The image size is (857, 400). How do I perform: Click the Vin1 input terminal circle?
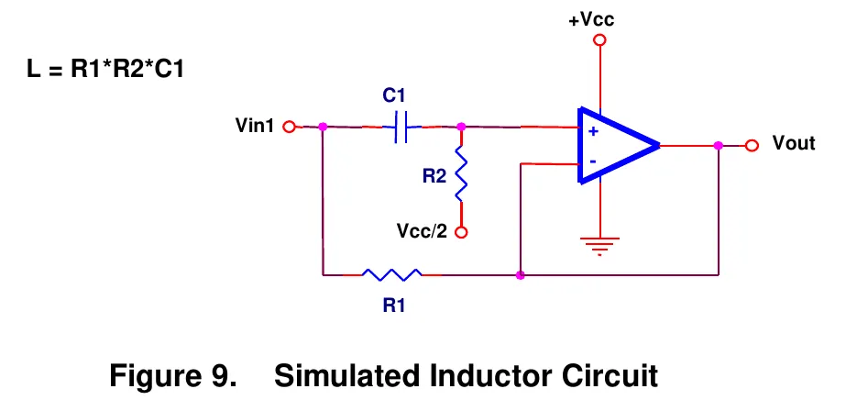pyautogui.click(x=289, y=127)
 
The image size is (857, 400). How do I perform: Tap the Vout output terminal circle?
pyautogui.click(x=753, y=146)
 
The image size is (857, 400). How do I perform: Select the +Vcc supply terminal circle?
pyautogui.click(x=600, y=40)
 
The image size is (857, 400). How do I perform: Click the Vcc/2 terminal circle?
pyautogui.click(x=461, y=232)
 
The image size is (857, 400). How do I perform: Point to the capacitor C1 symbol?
pyautogui.click(x=401, y=127)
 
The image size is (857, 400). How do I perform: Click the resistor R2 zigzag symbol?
pyautogui.click(x=461, y=173)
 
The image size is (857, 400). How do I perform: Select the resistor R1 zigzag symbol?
pyautogui.click(x=392, y=274)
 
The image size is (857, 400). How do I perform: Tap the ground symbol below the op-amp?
pyautogui.click(x=600, y=246)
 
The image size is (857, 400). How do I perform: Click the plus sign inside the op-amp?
pyautogui.click(x=594, y=132)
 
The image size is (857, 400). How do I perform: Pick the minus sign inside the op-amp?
pyautogui.click(x=593, y=161)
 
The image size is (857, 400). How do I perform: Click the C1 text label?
pyautogui.click(x=393, y=95)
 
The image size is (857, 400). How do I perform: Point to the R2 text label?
pyautogui.click(x=434, y=176)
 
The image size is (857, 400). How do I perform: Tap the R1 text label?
pyautogui.click(x=393, y=306)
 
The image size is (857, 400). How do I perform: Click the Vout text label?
pyautogui.click(x=794, y=143)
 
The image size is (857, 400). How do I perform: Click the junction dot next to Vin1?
pyautogui.click(x=323, y=127)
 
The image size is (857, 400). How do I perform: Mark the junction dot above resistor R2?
pyautogui.click(x=461, y=127)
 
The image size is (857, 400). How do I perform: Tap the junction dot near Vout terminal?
pyautogui.click(x=719, y=146)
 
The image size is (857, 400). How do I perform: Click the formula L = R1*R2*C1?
pyautogui.click(x=105, y=70)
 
